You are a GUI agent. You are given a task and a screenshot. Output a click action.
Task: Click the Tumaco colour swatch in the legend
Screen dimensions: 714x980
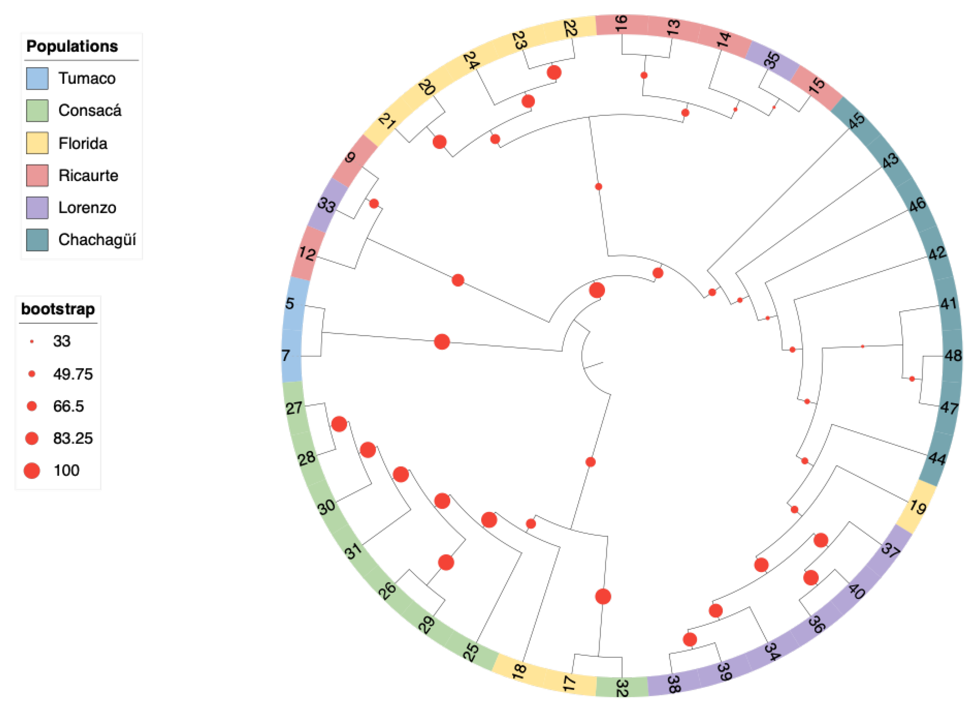pyautogui.click(x=37, y=78)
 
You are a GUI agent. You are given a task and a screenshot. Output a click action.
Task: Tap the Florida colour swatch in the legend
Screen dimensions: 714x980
pyautogui.click(x=37, y=143)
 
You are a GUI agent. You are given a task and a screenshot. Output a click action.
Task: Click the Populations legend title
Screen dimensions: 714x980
pyautogui.click(x=72, y=46)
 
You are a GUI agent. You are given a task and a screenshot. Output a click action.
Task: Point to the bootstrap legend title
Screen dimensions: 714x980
pyautogui.click(x=58, y=309)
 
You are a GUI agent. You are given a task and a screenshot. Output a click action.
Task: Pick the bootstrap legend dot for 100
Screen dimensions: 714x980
pyautogui.click(x=32, y=470)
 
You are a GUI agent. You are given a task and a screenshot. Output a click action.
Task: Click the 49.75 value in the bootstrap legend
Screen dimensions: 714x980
pyautogui.click(x=72, y=374)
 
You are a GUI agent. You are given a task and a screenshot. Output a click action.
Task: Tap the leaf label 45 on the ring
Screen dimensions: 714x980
pyautogui.click(x=857, y=121)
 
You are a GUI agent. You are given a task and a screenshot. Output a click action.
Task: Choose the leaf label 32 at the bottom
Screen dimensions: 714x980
pyautogui.click(x=621, y=688)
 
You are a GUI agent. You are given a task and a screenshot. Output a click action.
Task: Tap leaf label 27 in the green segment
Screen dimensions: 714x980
pyautogui.click(x=294, y=408)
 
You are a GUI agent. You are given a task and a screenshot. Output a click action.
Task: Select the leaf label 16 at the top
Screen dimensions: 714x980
pyautogui.click(x=621, y=23)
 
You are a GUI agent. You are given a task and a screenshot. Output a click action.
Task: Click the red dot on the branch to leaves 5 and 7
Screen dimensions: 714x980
pyautogui.click(x=442, y=342)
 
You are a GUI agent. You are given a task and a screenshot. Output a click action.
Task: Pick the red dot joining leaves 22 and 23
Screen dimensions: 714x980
pyautogui.click(x=554, y=72)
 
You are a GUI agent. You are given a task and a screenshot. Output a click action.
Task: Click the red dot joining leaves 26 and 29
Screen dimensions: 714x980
pyautogui.click(x=446, y=563)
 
